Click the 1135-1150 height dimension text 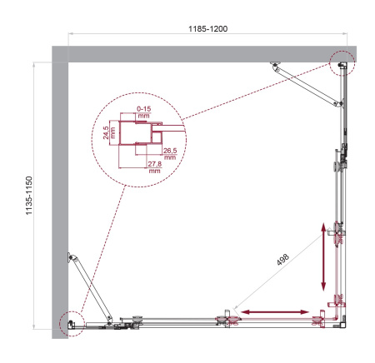[x=29, y=195]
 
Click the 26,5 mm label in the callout [x=170, y=153]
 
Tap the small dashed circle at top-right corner [x=342, y=63]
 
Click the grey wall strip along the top [x=200, y=53]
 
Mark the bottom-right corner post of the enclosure [x=338, y=319]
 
